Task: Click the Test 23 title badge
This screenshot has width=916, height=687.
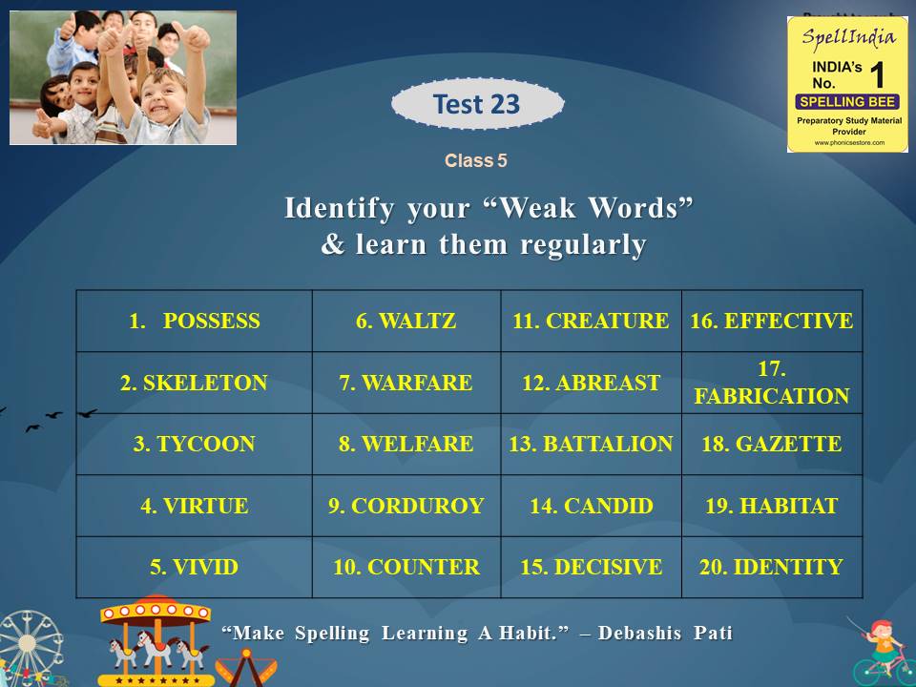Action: coord(477,104)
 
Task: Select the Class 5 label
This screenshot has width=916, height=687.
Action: coord(475,160)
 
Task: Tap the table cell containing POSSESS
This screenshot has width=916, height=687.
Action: coord(195,321)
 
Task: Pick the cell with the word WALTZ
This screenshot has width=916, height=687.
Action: coord(406,321)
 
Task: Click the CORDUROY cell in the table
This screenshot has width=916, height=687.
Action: coord(406,506)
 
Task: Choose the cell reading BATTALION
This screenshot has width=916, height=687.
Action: coord(592,444)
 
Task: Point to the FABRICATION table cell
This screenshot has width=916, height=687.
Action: coord(772,383)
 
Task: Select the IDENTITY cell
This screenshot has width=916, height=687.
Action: coord(772,567)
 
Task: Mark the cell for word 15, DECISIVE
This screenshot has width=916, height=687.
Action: coord(592,567)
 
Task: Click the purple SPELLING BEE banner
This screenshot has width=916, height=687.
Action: coord(847,102)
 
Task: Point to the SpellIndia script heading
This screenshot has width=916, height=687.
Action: coord(848,37)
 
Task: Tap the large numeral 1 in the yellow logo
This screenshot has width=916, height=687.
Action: coord(877,74)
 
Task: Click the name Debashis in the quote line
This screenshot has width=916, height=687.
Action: coord(639,633)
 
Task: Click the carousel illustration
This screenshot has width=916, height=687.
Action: coord(156,640)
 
